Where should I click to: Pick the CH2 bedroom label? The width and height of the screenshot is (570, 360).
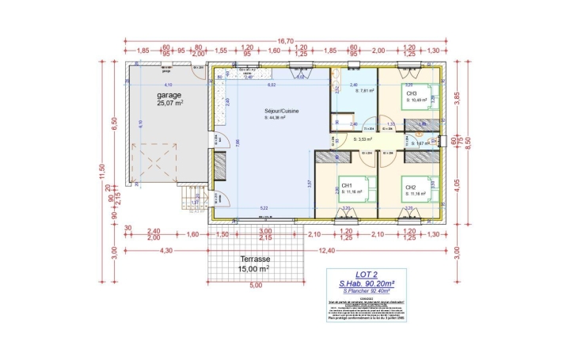411,188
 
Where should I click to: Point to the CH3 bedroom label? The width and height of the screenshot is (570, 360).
412,93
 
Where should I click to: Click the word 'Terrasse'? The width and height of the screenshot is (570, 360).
256,260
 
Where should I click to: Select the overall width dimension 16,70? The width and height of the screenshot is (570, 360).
286,41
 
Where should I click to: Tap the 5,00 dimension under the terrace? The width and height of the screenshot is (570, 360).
256,286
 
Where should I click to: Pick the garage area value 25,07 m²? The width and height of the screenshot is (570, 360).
170,104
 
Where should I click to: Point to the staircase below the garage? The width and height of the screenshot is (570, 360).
194,197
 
